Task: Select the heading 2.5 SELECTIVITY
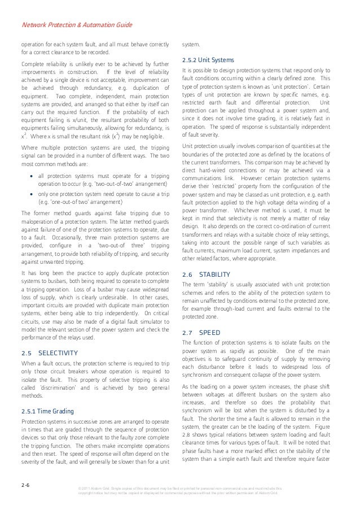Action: (x=49, y=353)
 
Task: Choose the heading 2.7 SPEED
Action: (x=201, y=333)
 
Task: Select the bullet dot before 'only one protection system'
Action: (x=33, y=193)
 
